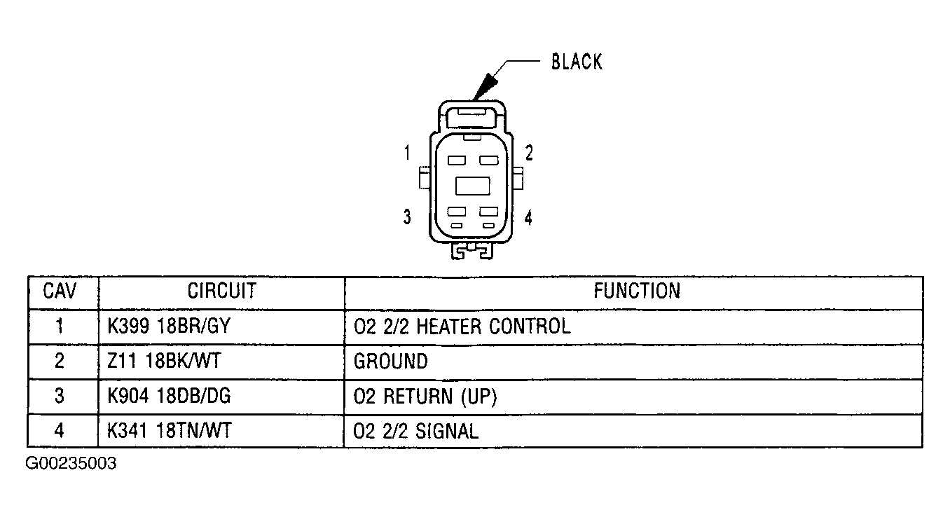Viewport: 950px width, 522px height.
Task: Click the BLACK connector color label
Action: click(x=577, y=62)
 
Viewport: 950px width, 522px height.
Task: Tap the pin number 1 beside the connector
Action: click(x=407, y=153)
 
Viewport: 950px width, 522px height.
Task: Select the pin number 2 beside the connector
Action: click(x=529, y=153)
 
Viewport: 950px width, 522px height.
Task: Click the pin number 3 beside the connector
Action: click(x=407, y=217)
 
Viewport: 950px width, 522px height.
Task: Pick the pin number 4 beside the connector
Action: click(x=528, y=218)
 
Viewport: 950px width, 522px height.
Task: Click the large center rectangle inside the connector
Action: click(x=472, y=186)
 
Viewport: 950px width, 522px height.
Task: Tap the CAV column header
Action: click(x=60, y=291)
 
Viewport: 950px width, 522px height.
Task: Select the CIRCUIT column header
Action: click(x=222, y=291)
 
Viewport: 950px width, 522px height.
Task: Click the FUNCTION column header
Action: click(x=637, y=291)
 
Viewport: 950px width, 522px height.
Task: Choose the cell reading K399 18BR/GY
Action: click(x=169, y=326)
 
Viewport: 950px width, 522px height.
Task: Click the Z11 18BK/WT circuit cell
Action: click(x=164, y=362)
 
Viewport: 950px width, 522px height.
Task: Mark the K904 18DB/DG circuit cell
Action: click(x=169, y=396)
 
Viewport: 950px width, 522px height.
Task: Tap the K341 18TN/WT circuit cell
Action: click(x=170, y=431)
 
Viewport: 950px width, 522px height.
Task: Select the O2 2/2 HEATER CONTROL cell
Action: click(x=462, y=327)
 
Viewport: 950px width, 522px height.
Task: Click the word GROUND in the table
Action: click(x=391, y=362)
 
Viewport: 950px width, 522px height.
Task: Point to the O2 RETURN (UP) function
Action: click(x=425, y=397)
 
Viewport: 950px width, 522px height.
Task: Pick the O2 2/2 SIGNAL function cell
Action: click(x=416, y=432)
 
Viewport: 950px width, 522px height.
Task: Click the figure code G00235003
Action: click(x=71, y=463)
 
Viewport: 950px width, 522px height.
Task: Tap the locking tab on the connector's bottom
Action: click(x=471, y=251)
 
